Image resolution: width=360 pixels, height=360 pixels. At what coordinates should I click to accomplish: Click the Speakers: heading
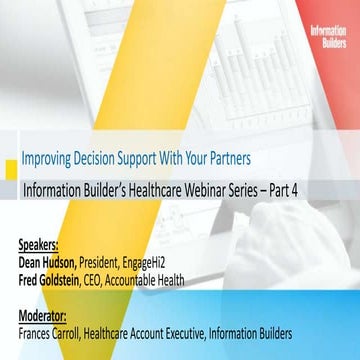[x=39, y=242]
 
